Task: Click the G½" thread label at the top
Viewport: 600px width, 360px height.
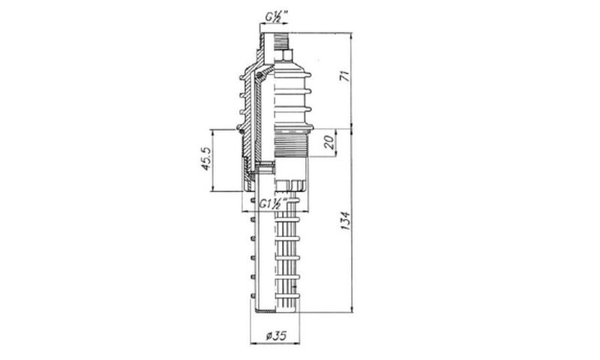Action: [277, 17]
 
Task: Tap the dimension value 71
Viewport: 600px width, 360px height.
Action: [346, 75]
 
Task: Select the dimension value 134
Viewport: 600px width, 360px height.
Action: [346, 220]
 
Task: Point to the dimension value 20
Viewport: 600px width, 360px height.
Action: [329, 142]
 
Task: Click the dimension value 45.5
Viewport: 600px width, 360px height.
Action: [205, 159]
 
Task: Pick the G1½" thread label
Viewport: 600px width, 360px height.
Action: [273, 204]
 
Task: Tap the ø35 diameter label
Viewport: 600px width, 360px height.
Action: [276, 336]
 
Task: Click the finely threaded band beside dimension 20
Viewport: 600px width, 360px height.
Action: [291, 144]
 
